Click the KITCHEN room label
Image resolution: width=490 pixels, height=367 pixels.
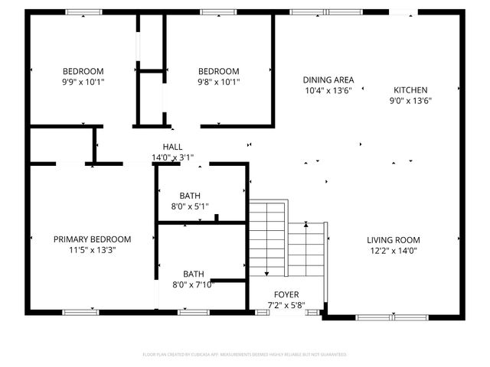click(x=410, y=89)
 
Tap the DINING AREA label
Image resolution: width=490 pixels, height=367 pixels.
click(x=328, y=80)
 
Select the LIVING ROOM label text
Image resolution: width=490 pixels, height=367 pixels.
click(x=393, y=239)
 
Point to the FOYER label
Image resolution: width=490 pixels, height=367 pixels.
click(x=286, y=294)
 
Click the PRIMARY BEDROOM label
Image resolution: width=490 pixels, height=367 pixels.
click(x=92, y=239)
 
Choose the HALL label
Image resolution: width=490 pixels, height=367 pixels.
click(x=172, y=147)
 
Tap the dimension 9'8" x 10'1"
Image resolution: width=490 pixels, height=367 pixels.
click(x=218, y=81)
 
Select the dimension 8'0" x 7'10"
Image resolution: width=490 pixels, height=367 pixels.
click(x=194, y=284)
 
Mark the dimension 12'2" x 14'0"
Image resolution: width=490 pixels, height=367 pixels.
click(x=393, y=250)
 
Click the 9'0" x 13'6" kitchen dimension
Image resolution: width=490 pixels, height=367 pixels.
click(x=410, y=100)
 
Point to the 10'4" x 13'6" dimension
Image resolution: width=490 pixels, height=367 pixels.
click(x=328, y=90)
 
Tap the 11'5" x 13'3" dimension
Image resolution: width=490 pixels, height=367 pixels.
click(x=92, y=249)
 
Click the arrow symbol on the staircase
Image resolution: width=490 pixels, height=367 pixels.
click(x=306, y=224)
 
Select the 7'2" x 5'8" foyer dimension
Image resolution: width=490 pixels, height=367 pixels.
click(x=286, y=305)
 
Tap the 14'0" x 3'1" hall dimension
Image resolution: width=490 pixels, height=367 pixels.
click(x=172, y=158)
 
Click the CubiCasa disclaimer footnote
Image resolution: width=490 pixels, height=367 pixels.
click(x=245, y=355)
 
